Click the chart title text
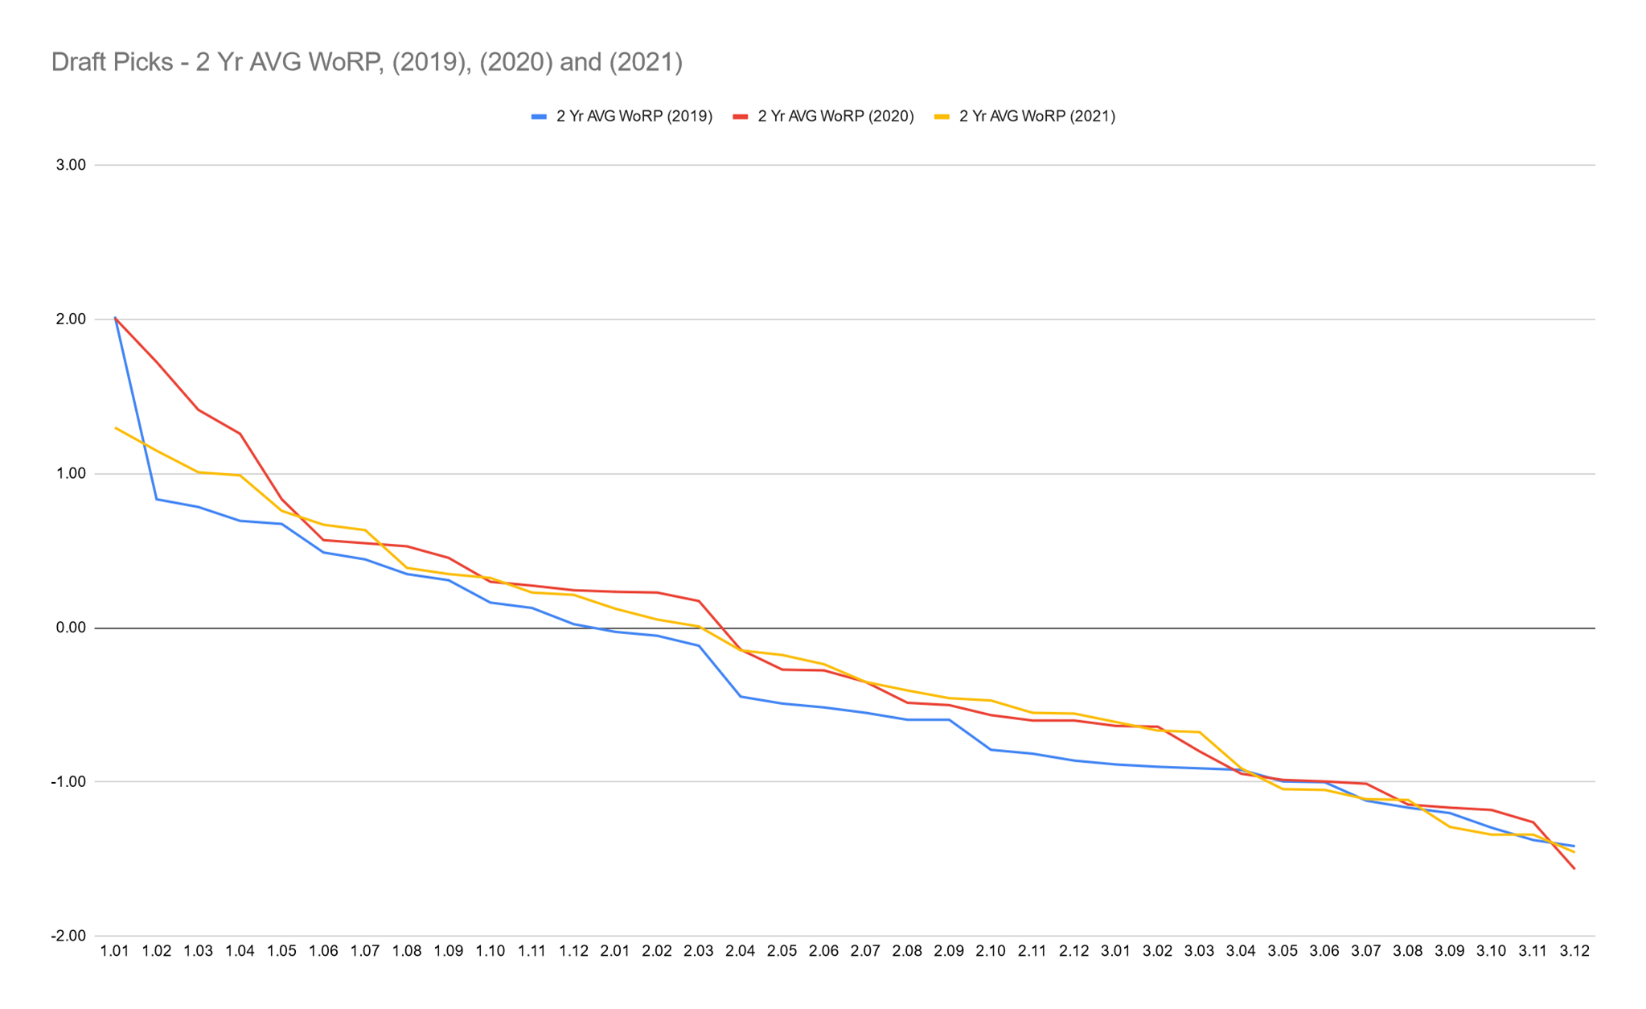367,62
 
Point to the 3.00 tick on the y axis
71,165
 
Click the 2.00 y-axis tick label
71,319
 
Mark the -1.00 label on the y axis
69,782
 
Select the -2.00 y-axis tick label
69,936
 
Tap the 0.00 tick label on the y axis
71,628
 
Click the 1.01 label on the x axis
115,951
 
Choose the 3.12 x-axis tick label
1574,951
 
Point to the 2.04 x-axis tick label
740,951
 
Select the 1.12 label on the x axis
573,951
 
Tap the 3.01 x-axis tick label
1115,951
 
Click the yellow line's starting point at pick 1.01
116,428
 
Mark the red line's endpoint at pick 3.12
1574,868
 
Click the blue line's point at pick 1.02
157,499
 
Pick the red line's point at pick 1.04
240,434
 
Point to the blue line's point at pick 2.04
740,696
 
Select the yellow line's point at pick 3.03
1199,731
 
